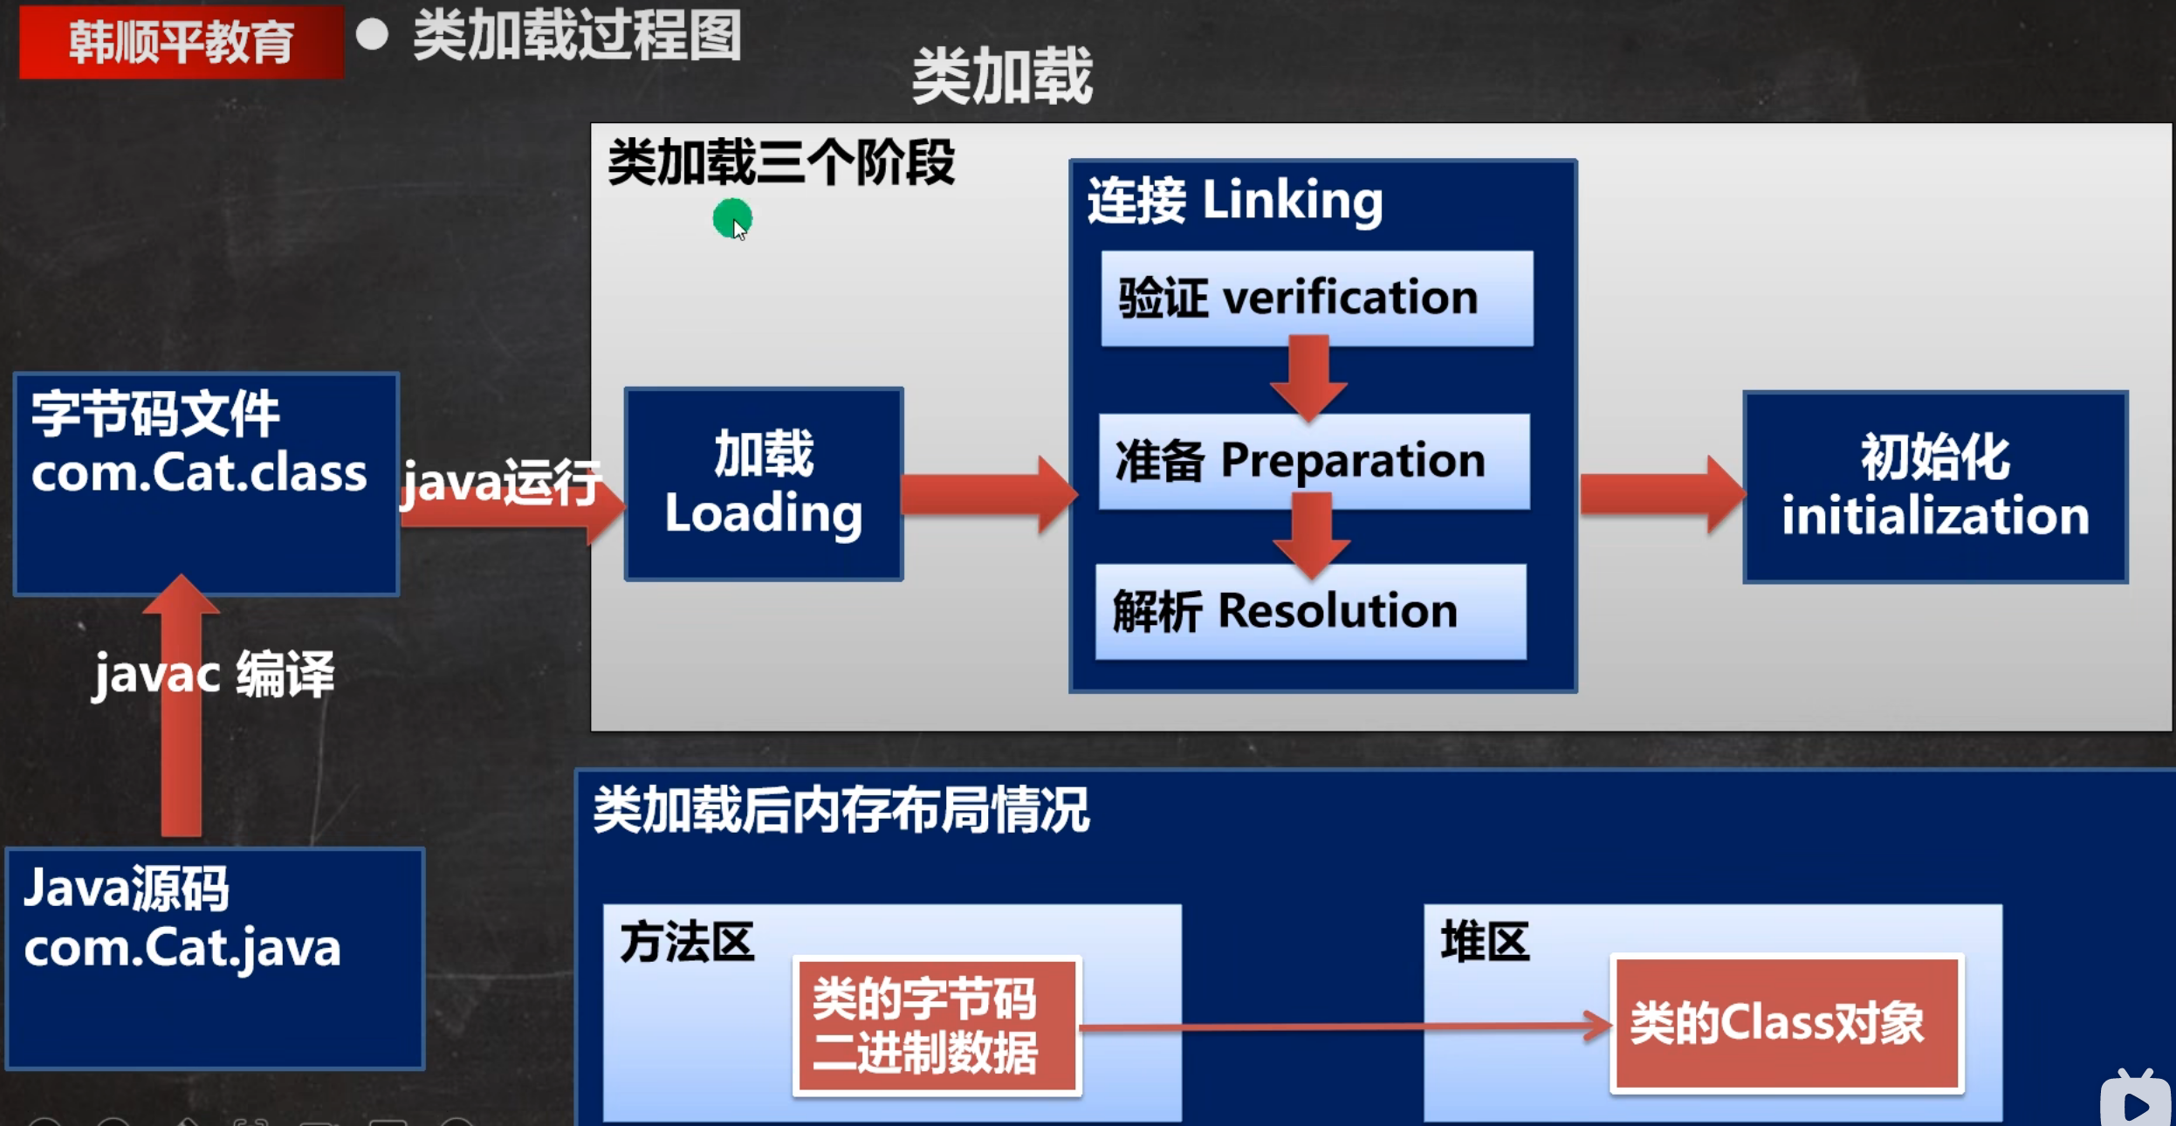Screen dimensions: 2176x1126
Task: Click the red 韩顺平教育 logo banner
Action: (182, 42)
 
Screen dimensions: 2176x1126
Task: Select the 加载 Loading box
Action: (764, 484)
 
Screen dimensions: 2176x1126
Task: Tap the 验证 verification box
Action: (1316, 298)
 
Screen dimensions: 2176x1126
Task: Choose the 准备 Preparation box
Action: (1314, 461)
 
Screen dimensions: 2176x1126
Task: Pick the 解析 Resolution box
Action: (1311, 611)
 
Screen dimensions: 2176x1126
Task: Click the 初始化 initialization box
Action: (1935, 486)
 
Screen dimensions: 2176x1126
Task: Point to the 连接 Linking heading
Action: (1234, 201)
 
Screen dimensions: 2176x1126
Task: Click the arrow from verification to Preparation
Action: (1308, 377)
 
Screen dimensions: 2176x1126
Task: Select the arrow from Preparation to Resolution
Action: (1311, 535)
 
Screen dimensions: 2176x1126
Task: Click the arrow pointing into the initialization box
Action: (1663, 494)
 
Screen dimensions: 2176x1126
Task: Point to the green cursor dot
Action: (731, 218)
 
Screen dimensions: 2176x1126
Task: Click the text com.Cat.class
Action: (199, 473)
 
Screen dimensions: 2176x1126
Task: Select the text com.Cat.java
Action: (182, 949)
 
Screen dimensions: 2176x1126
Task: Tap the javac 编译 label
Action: (214, 675)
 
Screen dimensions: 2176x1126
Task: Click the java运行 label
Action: (501, 482)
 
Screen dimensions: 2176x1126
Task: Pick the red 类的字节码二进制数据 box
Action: (937, 1026)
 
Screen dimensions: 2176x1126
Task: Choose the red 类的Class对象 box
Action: (1787, 1023)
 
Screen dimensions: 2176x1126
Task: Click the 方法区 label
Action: (687, 943)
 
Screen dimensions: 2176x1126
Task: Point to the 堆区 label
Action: (1485, 942)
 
